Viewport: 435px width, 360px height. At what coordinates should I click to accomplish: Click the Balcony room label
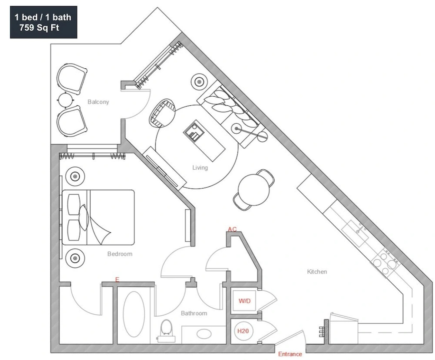click(x=98, y=102)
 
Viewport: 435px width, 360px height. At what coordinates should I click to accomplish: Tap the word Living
click(x=200, y=168)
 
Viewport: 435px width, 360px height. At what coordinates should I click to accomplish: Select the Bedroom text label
click(x=120, y=254)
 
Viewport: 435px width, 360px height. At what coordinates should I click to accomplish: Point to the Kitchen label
click(x=317, y=272)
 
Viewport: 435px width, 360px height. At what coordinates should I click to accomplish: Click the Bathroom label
click(x=194, y=313)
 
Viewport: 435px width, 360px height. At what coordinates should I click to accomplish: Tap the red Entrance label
click(x=290, y=354)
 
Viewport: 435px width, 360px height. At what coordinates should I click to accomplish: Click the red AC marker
click(x=232, y=229)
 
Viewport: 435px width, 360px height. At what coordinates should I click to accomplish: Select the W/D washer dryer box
click(x=244, y=301)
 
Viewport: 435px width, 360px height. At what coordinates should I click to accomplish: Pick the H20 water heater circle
click(x=243, y=331)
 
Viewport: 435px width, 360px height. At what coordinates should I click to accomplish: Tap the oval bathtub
click(x=134, y=314)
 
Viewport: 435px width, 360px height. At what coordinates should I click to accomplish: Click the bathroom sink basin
click(x=203, y=334)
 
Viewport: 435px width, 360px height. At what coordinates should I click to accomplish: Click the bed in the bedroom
click(x=98, y=217)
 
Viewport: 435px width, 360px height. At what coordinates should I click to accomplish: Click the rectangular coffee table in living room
click(x=204, y=140)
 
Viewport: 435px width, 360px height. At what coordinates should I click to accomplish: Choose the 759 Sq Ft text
click(x=39, y=28)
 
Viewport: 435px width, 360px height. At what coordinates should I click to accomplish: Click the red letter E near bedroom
click(x=117, y=280)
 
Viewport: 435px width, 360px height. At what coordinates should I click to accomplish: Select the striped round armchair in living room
click(x=162, y=113)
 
